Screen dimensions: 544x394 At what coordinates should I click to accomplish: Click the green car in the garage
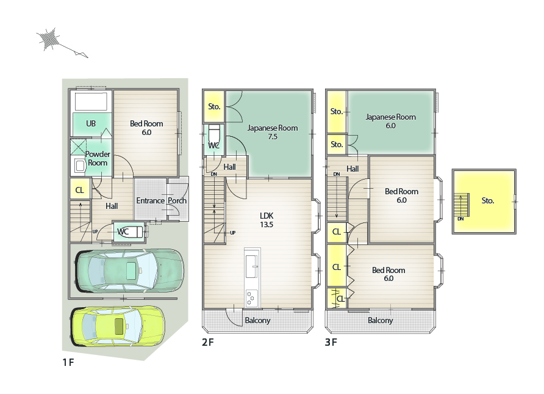pyautogui.click(x=130, y=271)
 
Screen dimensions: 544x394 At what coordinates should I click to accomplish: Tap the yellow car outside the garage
pyautogui.click(x=118, y=326)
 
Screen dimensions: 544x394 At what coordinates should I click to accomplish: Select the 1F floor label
pyautogui.click(x=68, y=362)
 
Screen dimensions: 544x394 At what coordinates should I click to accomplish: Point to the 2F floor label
pyautogui.click(x=208, y=342)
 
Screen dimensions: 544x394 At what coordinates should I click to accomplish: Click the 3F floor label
pyautogui.click(x=331, y=342)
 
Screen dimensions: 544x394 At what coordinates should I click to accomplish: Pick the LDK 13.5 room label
pyautogui.click(x=267, y=220)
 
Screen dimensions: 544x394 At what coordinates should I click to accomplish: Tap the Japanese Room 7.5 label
pyautogui.click(x=273, y=133)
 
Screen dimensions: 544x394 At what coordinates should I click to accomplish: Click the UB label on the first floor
pyautogui.click(x=91, y=123)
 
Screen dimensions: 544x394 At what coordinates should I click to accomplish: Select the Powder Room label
pyautogui.click(x=98, y=158)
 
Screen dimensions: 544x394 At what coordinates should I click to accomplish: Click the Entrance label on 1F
pyautogui.click(x=150, y=201)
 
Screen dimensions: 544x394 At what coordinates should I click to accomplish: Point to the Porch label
pyautogui.click(x=177, y=201)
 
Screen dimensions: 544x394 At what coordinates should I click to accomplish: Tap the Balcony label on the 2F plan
pyautogui.click(x=257, y=320)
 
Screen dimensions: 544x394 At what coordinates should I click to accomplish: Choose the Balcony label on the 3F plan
pyautogui.click(x=380, y=320)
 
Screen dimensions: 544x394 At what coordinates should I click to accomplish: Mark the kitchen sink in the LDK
pyautogui.click(x=251, y=266)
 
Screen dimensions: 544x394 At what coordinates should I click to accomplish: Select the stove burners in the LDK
pyautogui.click(x=251, y=298)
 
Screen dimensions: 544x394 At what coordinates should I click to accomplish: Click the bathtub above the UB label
pyautogui.click(x=91, y=101)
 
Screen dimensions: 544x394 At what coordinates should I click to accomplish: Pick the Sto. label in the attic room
pyautogui.click(x=487, y=200)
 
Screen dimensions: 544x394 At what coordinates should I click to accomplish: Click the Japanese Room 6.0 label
pyautogui.click(x=391, y=122)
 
